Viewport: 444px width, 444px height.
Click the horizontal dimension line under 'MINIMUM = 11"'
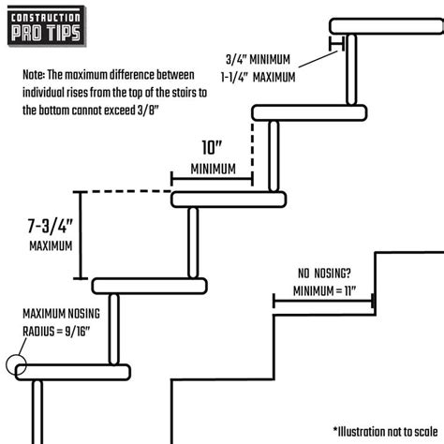pyautogui.click(x=323, y=302)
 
